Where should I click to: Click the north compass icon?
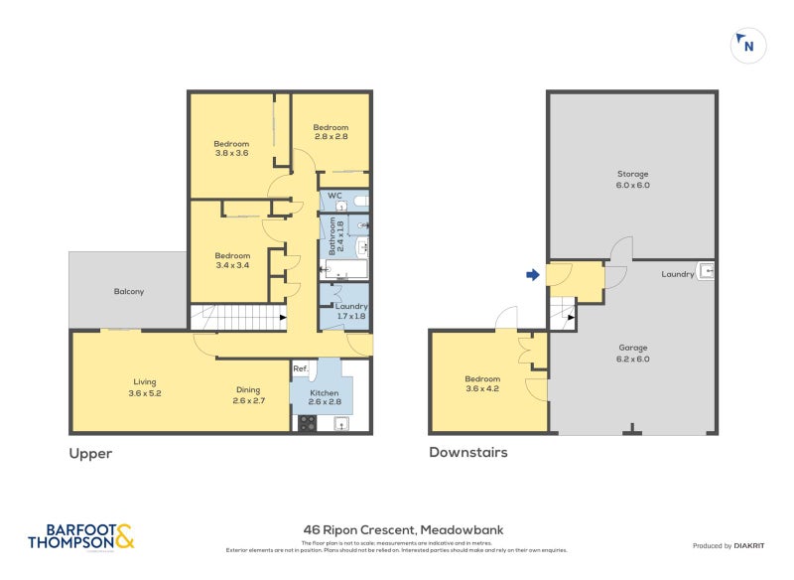[x=746, y=45]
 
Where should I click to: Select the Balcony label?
[x=128, y=291]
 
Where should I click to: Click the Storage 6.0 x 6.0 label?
[x=631, y=180]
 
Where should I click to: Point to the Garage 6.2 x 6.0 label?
[x=632, y=354]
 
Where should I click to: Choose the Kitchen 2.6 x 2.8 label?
[x=324, y=398]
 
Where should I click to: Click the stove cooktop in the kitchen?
[x=307, y=423]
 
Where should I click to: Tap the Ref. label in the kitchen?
[x=300, y=369]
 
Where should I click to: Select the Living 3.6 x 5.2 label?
[x=145, y=387]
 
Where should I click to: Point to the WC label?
[x=334, y=196]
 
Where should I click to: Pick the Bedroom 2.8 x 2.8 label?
[x=331, y=132]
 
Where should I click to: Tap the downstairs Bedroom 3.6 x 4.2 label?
[x=482, y=384]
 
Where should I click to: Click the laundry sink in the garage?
[x=706, y=270]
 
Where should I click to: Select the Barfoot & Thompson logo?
[x=80, y=536]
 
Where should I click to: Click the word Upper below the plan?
[x=90, y=454]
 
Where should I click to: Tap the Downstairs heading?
[x=467, y=453]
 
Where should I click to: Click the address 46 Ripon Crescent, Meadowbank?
[x=403, y=530]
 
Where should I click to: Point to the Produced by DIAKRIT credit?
[x=733, y=546]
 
